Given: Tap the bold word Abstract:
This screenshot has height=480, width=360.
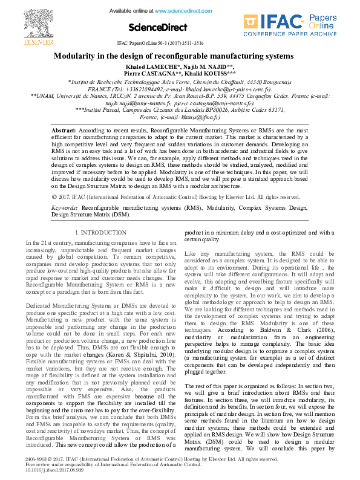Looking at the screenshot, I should (x=64, y=130).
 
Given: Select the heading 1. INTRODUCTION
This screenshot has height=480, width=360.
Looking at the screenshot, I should (x=100, y=232).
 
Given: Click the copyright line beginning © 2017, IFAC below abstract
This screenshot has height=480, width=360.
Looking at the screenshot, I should (x=175, y=196).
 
